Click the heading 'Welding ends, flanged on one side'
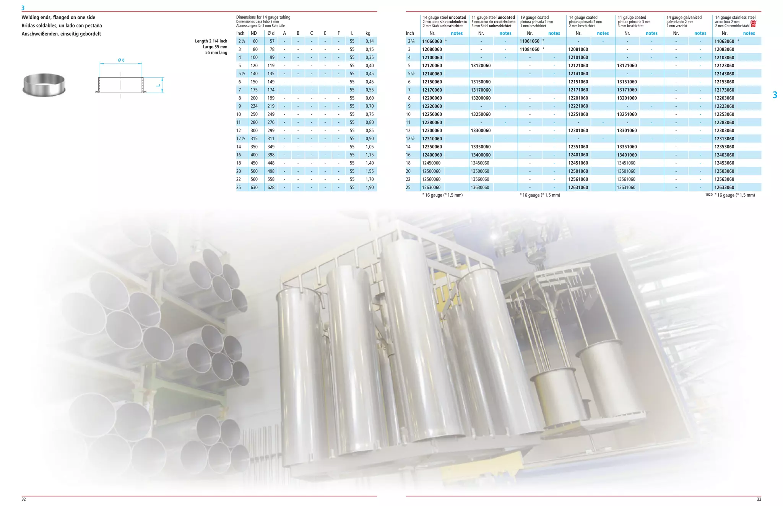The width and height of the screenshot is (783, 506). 58,17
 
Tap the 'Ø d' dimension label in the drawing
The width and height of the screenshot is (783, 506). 121,60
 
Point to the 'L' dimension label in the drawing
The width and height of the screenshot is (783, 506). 158,85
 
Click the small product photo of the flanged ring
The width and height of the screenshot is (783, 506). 44,85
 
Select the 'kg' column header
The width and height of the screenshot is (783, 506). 368,33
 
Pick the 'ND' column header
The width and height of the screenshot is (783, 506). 254,33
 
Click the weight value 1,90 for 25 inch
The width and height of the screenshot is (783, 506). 369,187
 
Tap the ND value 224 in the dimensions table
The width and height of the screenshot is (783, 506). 254,106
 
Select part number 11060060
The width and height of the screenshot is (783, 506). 432,41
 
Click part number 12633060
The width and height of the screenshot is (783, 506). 724,187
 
